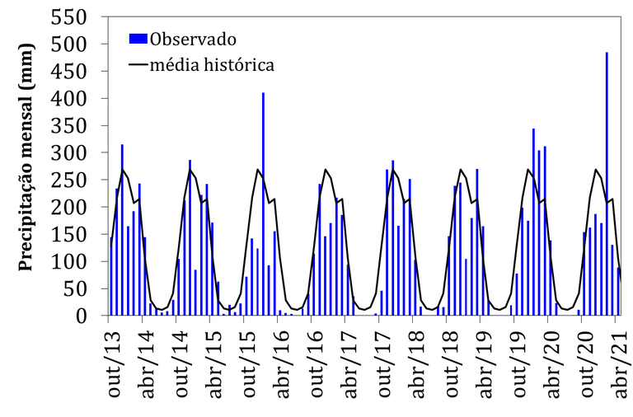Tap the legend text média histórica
click(x=211, y=63)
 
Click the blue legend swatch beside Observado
click(x=138, y=38)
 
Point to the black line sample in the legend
click(x=138, y=63)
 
